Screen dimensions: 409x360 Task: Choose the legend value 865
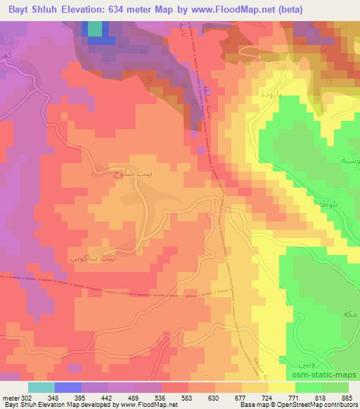pos(347,398)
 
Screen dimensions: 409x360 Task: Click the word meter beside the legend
pos(11,398)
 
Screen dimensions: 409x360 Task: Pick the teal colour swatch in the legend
pos(41,387)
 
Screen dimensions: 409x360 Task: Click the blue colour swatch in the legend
pos(68,387)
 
